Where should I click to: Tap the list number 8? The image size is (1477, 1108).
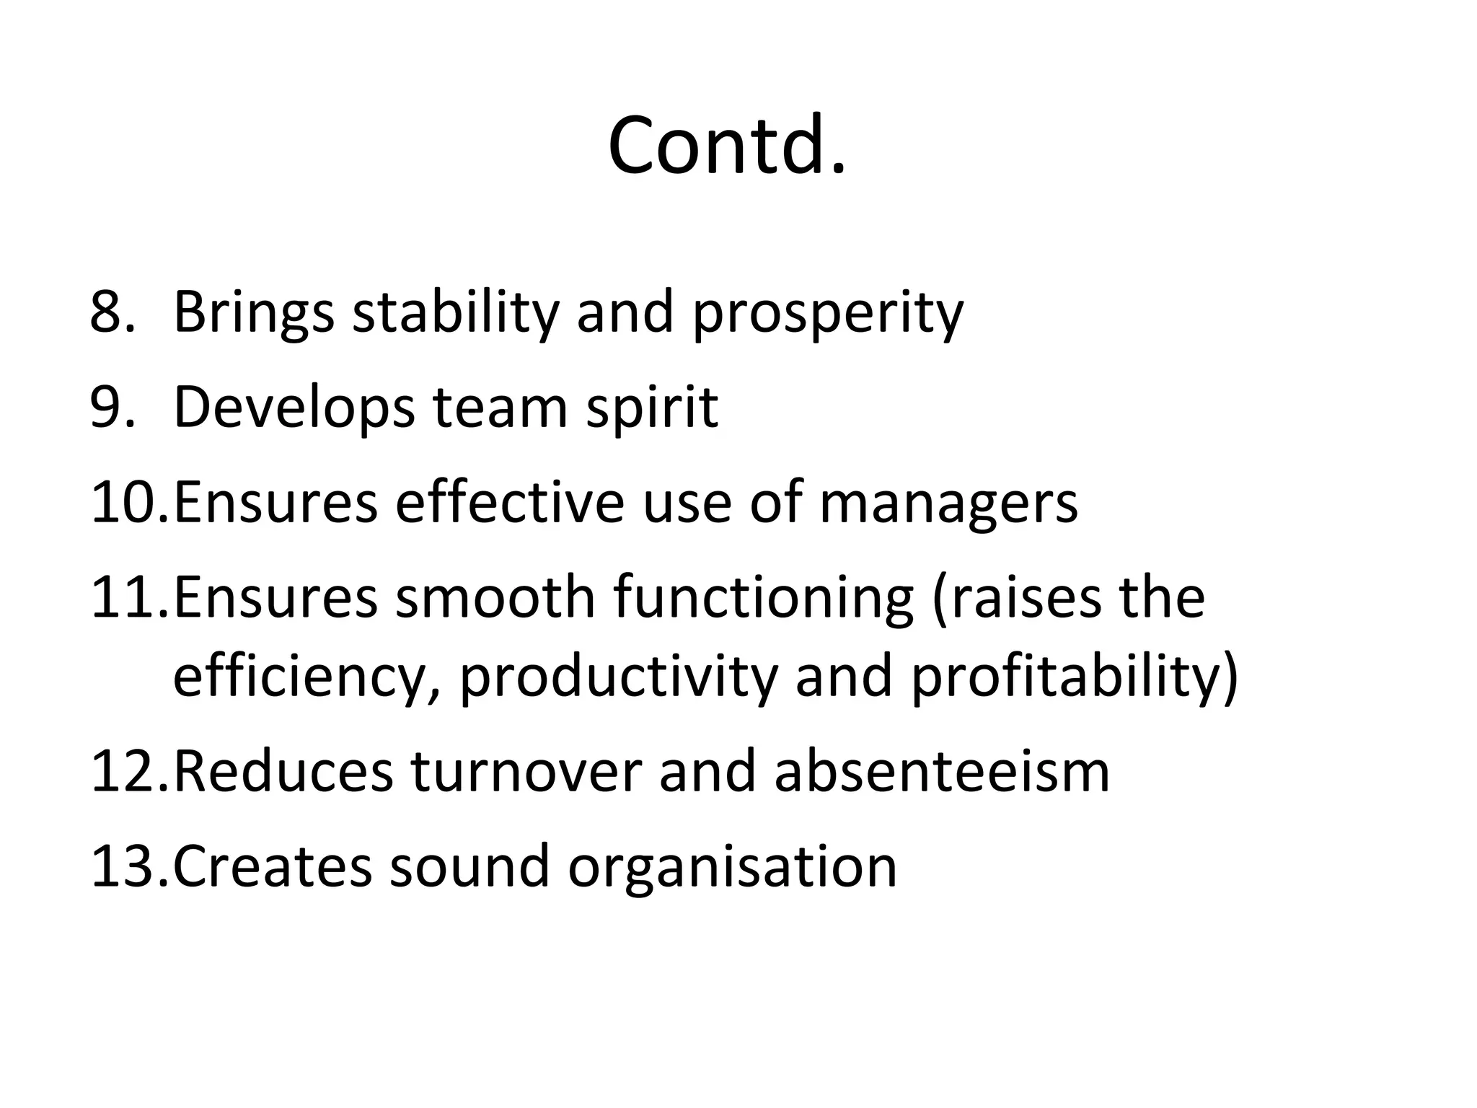point(113,312)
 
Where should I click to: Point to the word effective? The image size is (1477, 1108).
point(509,503)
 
